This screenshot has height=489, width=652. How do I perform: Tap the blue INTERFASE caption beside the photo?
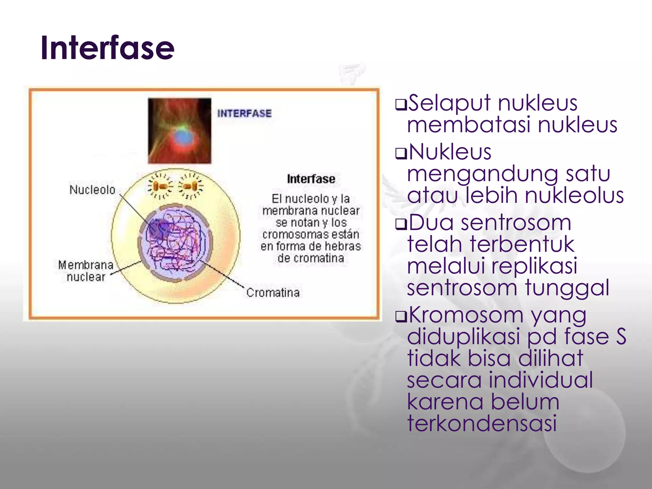(x=244, y=113)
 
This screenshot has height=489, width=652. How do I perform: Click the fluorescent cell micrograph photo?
(x=179, y=131)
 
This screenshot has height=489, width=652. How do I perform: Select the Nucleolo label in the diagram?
(x=92, y=190)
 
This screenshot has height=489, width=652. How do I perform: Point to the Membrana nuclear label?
(x=86, y=271)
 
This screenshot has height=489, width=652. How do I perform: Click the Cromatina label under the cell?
(x=273, y=293)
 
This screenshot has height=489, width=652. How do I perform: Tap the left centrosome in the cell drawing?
(x=160, y=186)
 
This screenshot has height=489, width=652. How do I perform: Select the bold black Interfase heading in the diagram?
(x=311, y=179)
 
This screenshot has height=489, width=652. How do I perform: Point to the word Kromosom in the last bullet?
(x=466, y=315)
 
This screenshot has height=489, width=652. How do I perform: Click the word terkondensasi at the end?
(x=482, y=423)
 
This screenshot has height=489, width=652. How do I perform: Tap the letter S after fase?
(x=620, y=337)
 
